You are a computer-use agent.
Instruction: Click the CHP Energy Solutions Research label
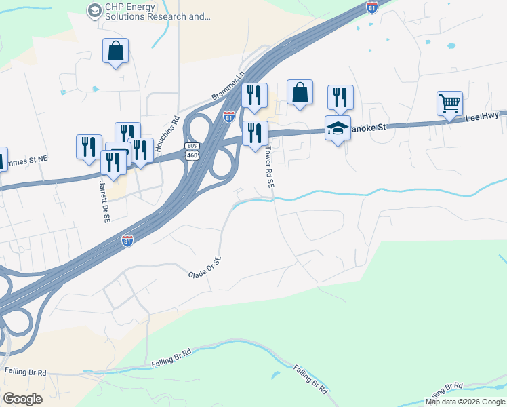pyautogui.click(x=156, y=13)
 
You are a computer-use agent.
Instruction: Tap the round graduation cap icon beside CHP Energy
pyautogui.click(x=94, y=9)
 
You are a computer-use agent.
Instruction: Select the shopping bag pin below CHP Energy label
pyautogui.click(x=115, y=51)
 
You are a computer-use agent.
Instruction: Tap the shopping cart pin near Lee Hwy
pyautogui.click(x=449, y=104)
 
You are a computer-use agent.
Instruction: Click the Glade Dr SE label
pyautogui.click(x=205, y=267)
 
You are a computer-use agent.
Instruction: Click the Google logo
pyautogui.click(x=22, y=398)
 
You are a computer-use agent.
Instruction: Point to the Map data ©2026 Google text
pyautogui.click(x=465, y=402)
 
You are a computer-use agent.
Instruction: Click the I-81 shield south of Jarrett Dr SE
pyautogui.click(x=127, y=240)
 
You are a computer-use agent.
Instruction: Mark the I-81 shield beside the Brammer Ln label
pyautogui.click(x=229, y=116)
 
